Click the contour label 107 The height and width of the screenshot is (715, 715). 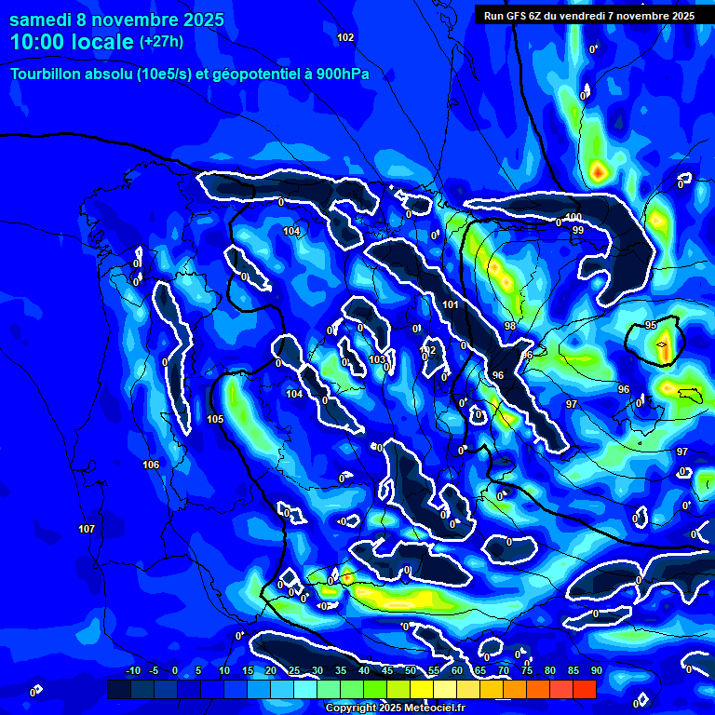click(87, 529)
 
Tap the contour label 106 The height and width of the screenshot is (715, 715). click(151, 464)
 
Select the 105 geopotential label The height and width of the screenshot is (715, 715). click(215, 420)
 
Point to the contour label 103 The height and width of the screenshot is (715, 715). click(377, 359)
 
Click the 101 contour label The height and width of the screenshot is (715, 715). click(451, 304)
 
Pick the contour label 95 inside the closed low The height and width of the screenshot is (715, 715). click(651, 325)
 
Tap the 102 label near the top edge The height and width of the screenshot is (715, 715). click(345, 37)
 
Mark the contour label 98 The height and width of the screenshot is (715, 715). click(510, 326)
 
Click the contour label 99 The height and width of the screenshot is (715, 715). click(578, 230)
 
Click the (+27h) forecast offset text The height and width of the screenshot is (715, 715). click(161, 42)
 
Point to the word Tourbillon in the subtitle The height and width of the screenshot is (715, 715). click(48, 74)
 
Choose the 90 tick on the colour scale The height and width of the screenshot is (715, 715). click(596, 670)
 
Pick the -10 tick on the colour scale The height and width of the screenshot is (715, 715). click(132, 670)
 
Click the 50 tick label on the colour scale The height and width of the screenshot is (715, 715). click(410, 670)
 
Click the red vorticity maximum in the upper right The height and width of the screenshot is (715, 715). click(599, 171)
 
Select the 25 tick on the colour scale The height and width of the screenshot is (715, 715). click(294, 670)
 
